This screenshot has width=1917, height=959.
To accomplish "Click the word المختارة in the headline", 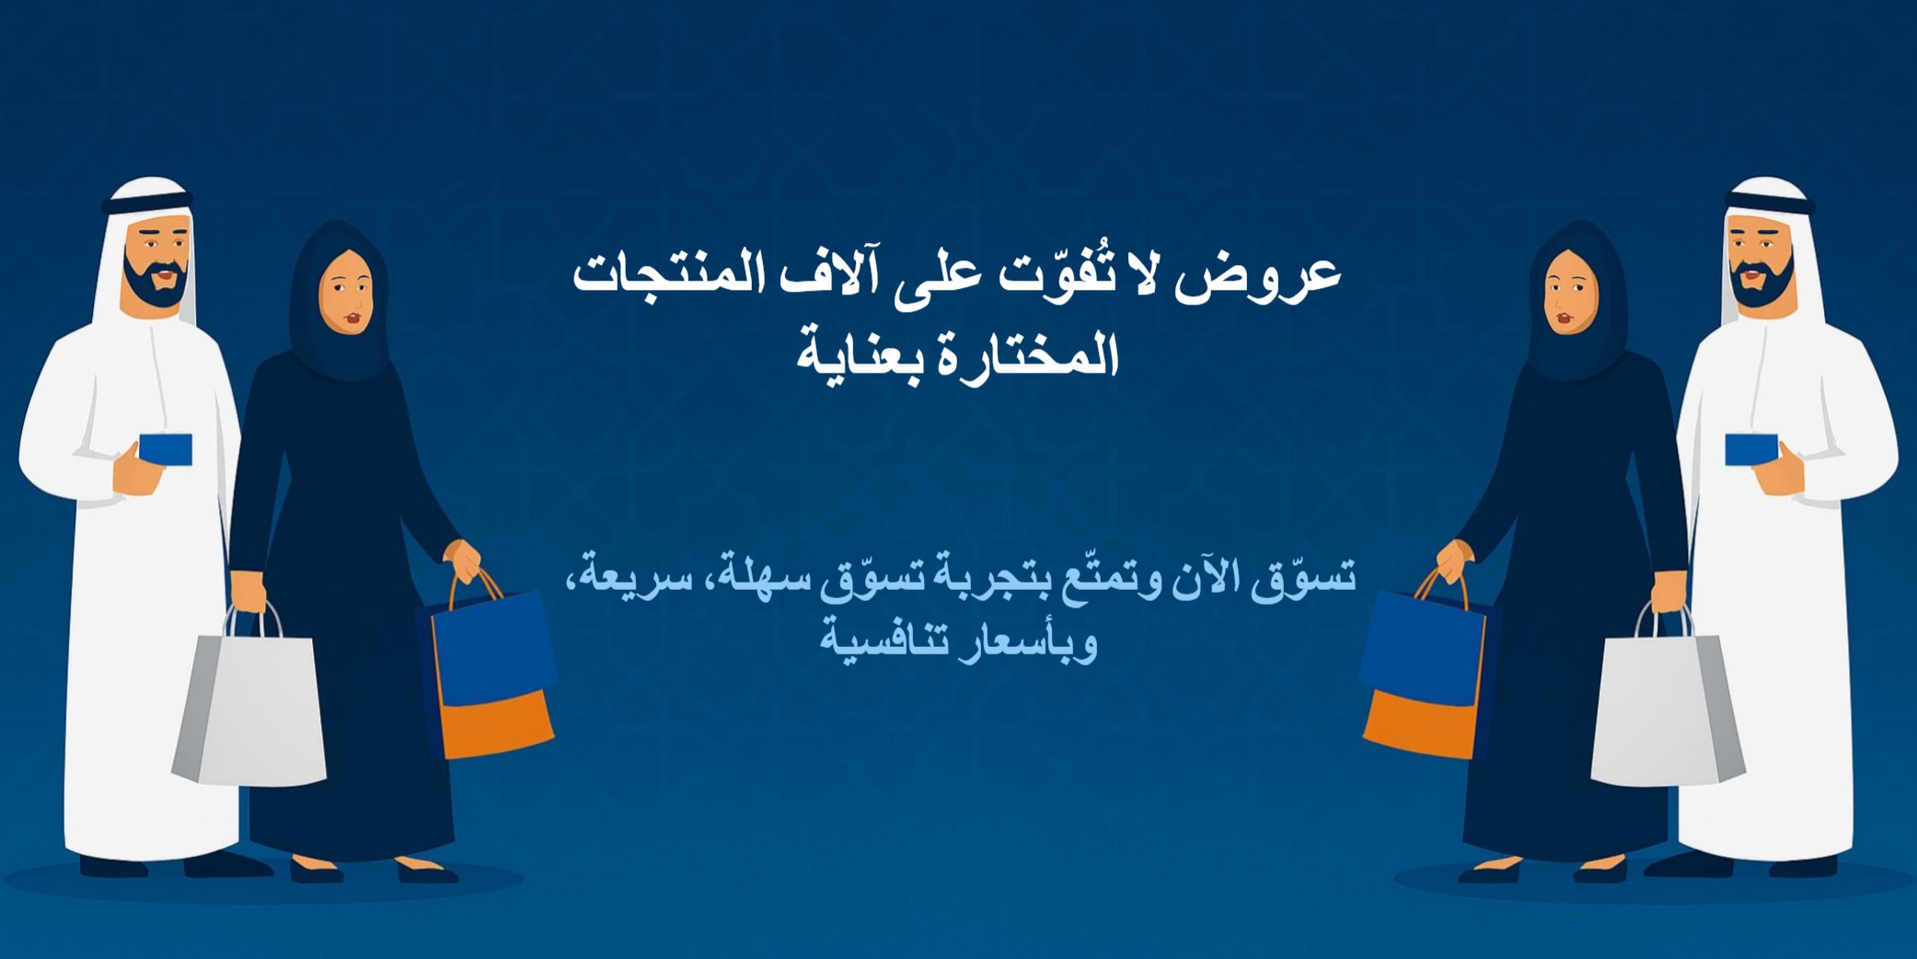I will [x=1031, y=355].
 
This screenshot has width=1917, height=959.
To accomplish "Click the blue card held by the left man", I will [x=167, y=449].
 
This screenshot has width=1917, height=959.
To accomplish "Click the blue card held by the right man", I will [x=1750, y=449].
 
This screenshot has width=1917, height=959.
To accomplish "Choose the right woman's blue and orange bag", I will [x=1425, y=676].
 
